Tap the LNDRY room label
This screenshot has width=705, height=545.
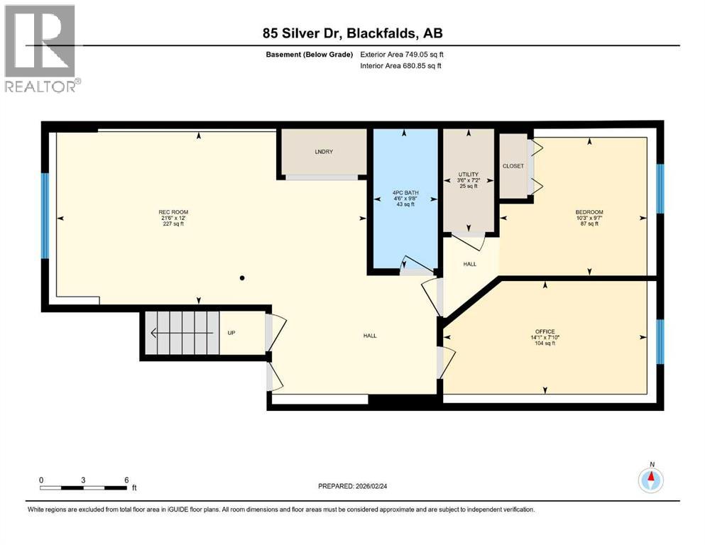pos(324,152)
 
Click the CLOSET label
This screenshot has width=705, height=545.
pos(513,166)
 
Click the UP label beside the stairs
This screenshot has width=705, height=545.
pos(231,332)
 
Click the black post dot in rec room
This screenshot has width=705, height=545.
pos(242,277)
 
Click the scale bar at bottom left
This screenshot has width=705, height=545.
pos(84,488)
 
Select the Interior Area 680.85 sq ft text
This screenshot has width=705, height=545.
pos(401,66)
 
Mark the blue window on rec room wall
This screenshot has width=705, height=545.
pos(45,216)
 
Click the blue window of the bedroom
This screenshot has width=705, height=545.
pos(660,188)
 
